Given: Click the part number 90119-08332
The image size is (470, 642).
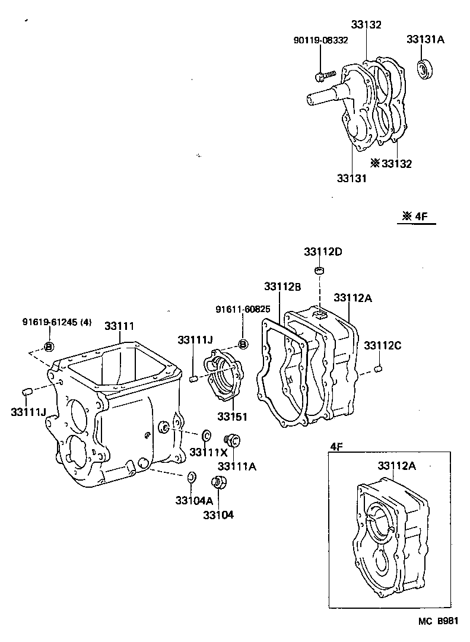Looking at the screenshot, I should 320,40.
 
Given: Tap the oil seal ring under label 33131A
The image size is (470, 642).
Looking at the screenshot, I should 425,69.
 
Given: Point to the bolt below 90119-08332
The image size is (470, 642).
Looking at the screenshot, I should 324,75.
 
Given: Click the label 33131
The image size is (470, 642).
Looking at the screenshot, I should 351,177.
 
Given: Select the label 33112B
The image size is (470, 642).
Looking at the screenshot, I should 283,287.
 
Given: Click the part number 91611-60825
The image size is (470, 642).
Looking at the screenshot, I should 243,309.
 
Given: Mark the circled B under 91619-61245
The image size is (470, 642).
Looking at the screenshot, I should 49,347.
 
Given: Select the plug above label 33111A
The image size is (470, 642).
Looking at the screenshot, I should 233,440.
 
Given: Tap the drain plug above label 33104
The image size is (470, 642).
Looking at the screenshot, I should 218,482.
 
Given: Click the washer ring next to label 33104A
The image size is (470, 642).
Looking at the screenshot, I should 192,476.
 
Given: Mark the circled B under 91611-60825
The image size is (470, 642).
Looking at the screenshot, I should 242,344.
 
